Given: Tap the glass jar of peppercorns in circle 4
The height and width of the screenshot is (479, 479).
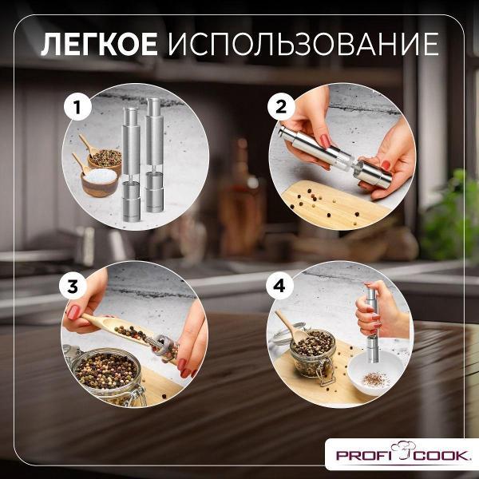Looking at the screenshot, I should tap(313, 354).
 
